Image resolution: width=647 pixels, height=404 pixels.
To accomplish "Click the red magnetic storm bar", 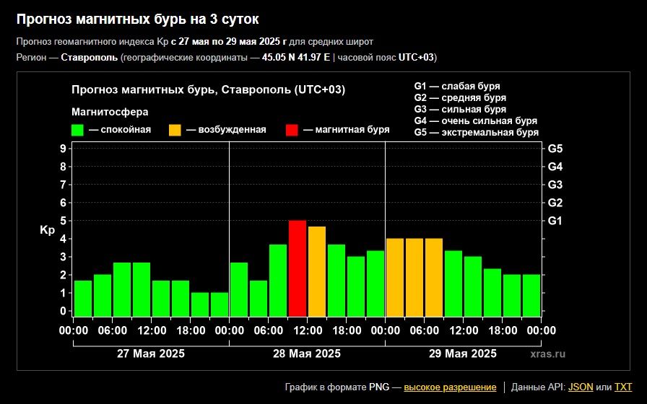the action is click(x=298, y=268).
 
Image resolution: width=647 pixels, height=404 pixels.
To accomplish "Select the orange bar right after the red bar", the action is click(x=317, y=271).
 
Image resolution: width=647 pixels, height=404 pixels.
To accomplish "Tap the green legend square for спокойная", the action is click(x=77, y=131).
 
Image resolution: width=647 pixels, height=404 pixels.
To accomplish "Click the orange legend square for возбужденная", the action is click(x=175, y=131).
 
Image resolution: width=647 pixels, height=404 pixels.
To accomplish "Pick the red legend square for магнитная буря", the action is click(x=292, y=131).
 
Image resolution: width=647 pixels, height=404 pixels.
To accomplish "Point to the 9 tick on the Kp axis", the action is click(x=63, y=149).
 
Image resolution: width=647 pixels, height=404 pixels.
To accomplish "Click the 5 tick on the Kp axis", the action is click(x=63, y=221).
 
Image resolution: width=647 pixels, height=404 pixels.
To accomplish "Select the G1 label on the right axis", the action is click(x=555, y=221).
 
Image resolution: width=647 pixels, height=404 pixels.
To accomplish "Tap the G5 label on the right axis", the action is click(x=555, y=149).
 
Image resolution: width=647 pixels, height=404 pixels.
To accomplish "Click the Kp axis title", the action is click(x=48, y=230).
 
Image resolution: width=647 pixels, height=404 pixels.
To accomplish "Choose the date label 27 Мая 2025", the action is click(x=151, y=353).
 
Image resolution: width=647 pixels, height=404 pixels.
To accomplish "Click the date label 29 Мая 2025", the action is click(x=463, y=353).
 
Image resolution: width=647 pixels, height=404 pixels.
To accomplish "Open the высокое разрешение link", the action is click(x=450, y=387).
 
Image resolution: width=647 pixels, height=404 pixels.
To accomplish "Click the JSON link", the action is click(x=581, y=387).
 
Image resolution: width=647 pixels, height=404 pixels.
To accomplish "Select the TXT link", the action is click(x=623, y=387).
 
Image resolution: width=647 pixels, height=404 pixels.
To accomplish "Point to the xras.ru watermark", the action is click(x=548, y=353).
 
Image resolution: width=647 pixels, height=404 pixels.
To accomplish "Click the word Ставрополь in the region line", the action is click(x=90, y=57).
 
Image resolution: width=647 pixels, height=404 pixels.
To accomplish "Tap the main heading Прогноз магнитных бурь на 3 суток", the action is click(x=137, y=19).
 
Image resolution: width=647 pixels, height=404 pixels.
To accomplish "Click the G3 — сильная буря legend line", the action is click(x=460, y=109).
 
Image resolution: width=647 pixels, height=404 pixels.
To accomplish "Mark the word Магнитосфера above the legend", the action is click(x=110, y=112).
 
